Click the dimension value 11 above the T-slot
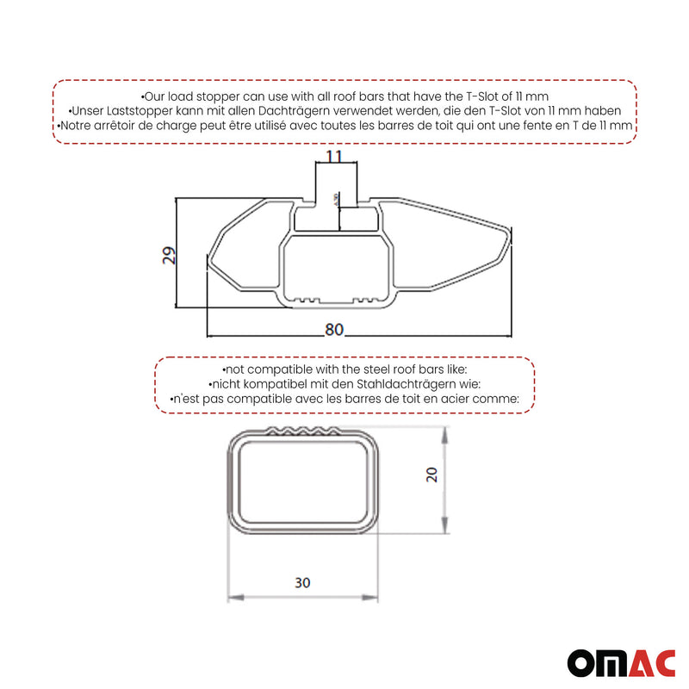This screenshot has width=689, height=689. point(334,156)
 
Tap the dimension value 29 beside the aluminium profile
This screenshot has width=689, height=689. point(170,255)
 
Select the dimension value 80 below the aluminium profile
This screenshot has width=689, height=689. point(334,328)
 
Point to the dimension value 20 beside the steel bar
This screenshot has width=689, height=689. point(432,475)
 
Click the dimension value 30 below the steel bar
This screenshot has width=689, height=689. point(302,583)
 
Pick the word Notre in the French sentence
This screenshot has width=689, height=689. point(78,126)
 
